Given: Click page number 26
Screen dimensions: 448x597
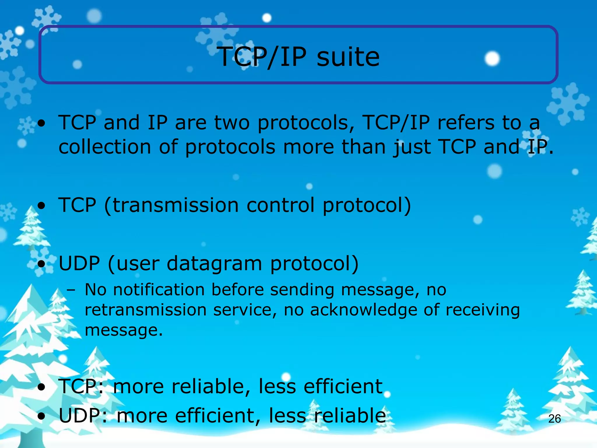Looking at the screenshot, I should coord(554,419).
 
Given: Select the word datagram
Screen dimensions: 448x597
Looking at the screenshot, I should coord(214,264).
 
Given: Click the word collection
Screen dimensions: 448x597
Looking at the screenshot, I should coord(105,147).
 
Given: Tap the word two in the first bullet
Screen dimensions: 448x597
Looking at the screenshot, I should coord(232,123).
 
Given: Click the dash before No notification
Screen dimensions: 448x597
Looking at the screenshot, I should coord(71,290).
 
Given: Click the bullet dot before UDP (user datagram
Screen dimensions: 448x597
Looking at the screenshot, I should coord(42,265).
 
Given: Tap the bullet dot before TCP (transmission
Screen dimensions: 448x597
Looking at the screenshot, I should coord(42,206).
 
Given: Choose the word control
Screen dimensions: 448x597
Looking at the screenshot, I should coord(281,205).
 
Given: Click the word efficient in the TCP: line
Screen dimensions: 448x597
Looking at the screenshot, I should coord(343,386).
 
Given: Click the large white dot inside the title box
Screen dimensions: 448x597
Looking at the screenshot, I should coord(492,59).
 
